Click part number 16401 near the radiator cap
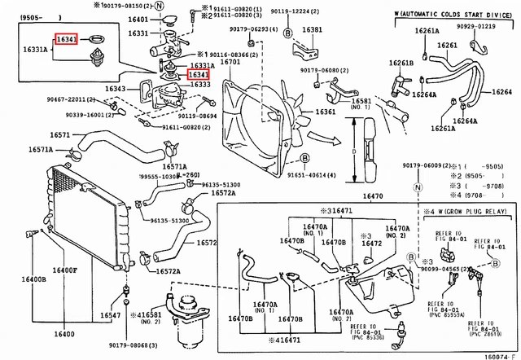tap(138, 19)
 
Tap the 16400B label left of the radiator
tap(33, 279)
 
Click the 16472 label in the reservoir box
tap(371, 243)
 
